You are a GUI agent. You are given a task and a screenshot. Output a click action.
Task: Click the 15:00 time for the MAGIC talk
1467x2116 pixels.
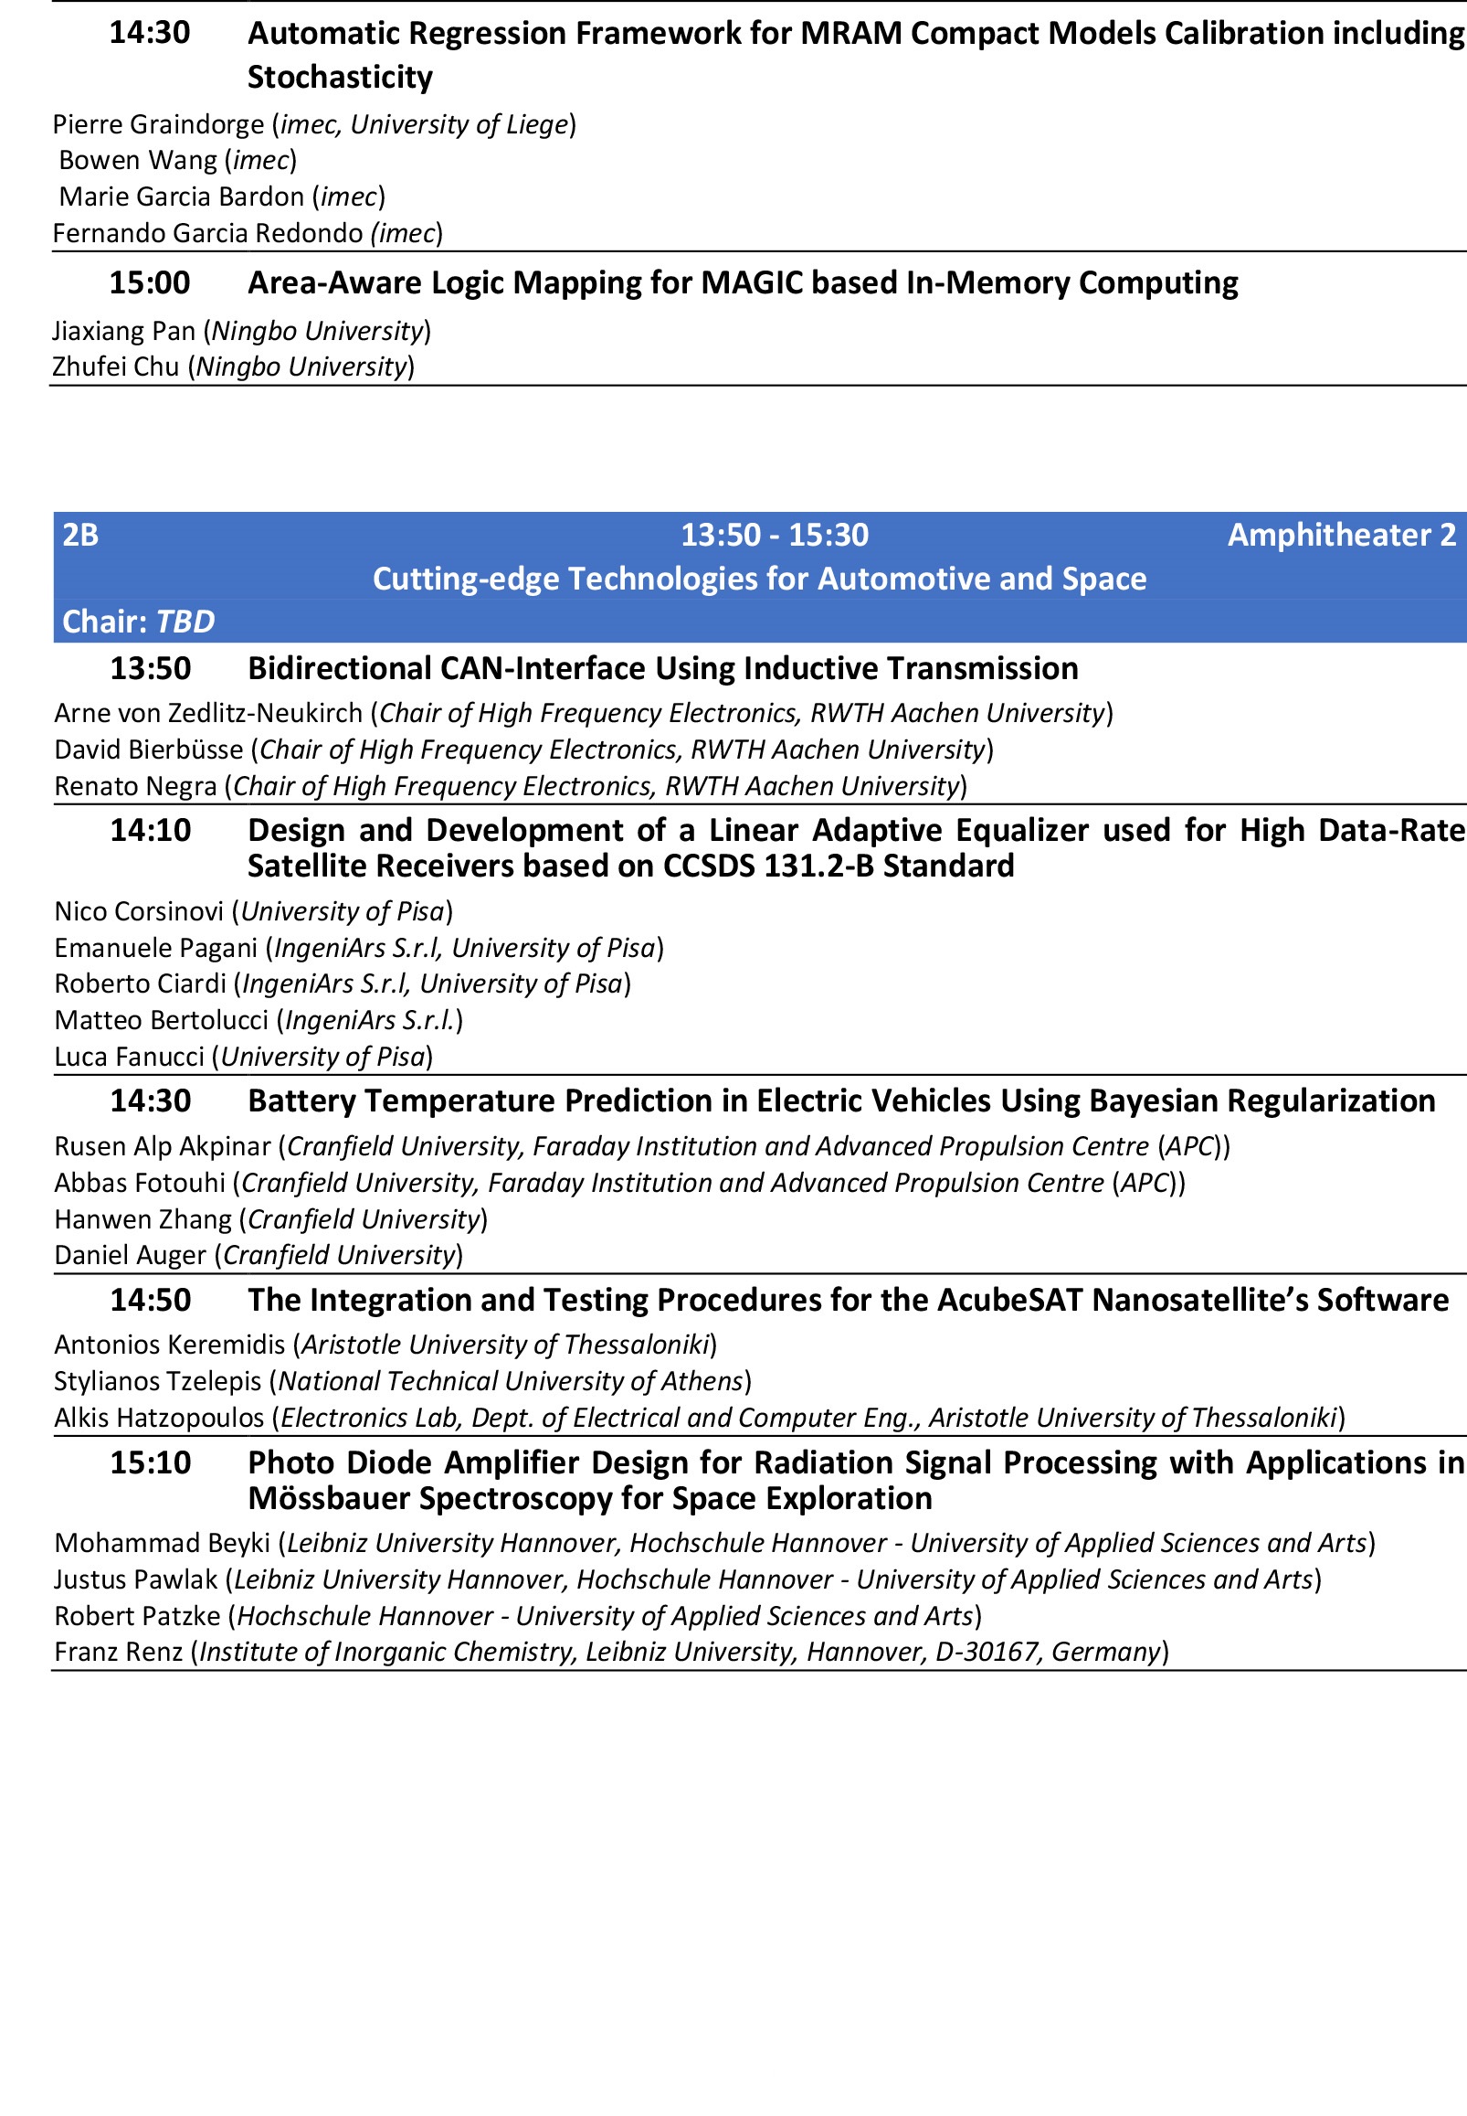click(x=149, y=282)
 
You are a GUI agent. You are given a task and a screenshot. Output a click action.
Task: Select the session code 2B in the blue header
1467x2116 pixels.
click(x=80, y=535)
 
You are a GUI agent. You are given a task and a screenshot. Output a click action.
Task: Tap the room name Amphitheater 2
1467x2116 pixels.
click(x=1341, y=535)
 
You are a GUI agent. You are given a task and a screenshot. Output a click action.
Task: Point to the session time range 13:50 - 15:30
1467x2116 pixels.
click(x=774, y=535)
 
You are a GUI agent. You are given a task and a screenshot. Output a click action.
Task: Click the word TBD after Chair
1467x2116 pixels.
click(x=185, y=622)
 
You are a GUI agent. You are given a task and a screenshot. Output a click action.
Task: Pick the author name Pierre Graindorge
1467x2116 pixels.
click(x=158, y=124)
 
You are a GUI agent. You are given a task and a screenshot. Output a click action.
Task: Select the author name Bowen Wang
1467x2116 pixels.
click(x=138, y=160)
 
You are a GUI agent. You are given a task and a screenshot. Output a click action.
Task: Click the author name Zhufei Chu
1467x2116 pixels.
click(x=116, y=367)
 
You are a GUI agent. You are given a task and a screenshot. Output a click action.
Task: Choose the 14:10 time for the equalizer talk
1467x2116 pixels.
click(x=150, y=830)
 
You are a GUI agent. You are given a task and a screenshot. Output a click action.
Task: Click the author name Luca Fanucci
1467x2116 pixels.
click(x=130, y=1057)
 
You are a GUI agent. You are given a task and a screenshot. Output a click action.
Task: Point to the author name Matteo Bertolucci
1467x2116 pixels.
click(x=162, y=1020)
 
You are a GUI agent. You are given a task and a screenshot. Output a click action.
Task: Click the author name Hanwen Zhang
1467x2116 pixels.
click(x=143, y=1219)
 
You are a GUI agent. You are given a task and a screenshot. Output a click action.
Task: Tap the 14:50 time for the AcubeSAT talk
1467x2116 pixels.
click(x=150, y=1301)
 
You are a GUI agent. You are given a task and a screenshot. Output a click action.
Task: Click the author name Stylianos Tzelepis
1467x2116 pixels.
click(x=157, y=1381)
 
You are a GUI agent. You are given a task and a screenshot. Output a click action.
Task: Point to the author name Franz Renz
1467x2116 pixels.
click(x=119, y=1652)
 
